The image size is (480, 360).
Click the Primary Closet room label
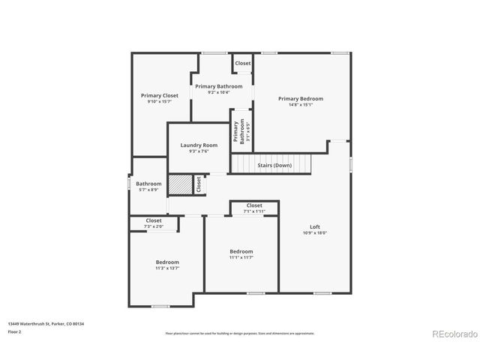[160, 95]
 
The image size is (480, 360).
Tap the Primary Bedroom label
[300, 98]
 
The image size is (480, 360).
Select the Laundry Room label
[199, 145]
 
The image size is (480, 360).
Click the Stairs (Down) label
[274, 165]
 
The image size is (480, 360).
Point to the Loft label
[315, 226]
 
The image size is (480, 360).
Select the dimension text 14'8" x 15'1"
[300, 105]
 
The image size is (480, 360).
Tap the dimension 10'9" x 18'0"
[315, 233]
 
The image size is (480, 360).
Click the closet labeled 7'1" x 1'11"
[253, 208]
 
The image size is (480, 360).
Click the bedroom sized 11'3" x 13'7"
[167, 262]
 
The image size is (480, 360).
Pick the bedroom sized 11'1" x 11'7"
[241, 251]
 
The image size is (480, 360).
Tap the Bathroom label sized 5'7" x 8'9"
[148, 184]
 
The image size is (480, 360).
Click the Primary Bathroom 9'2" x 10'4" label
[218, 86]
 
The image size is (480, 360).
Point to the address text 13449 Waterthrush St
[46, 323]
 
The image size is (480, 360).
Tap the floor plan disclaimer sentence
[239, 332]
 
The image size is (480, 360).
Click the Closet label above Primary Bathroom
[243, 63]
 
